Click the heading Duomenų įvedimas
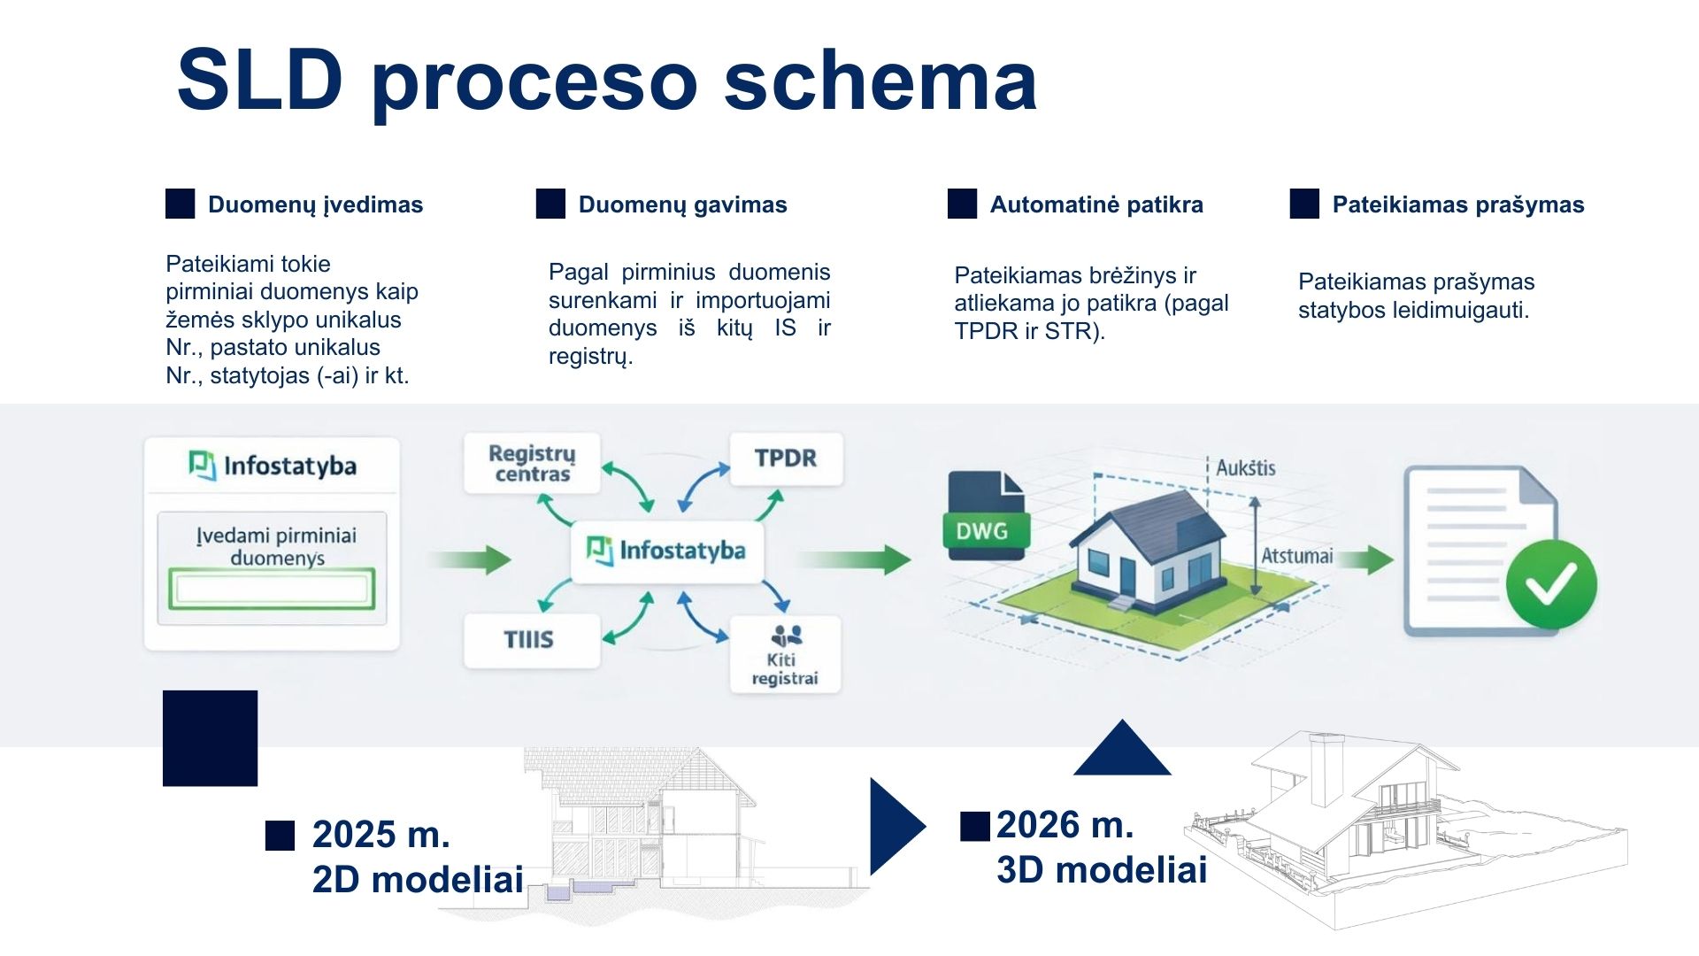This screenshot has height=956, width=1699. (315, 204)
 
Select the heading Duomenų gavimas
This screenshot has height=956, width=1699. (682, 204)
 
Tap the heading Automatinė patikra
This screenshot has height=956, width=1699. (1096, 204)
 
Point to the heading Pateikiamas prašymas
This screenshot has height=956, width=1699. (1458, 204)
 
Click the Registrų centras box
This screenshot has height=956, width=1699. (532, 463)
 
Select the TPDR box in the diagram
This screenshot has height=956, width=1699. (786, 459)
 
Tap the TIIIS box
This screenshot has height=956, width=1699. (532, 640)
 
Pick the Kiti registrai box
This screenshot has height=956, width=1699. (785, 654)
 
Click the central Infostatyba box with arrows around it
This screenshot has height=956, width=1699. (667, 551)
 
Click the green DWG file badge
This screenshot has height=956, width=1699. (982, 530)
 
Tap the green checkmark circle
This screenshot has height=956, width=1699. (1551, 584)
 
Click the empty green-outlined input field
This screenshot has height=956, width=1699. (272, 589)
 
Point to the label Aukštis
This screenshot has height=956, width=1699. (1246, 467)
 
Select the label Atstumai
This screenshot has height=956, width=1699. (1296, 556)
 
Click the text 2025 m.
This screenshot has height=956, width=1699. (381, 834)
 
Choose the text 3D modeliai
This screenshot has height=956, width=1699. (1102, 869)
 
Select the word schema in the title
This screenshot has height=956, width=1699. (880, 81)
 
